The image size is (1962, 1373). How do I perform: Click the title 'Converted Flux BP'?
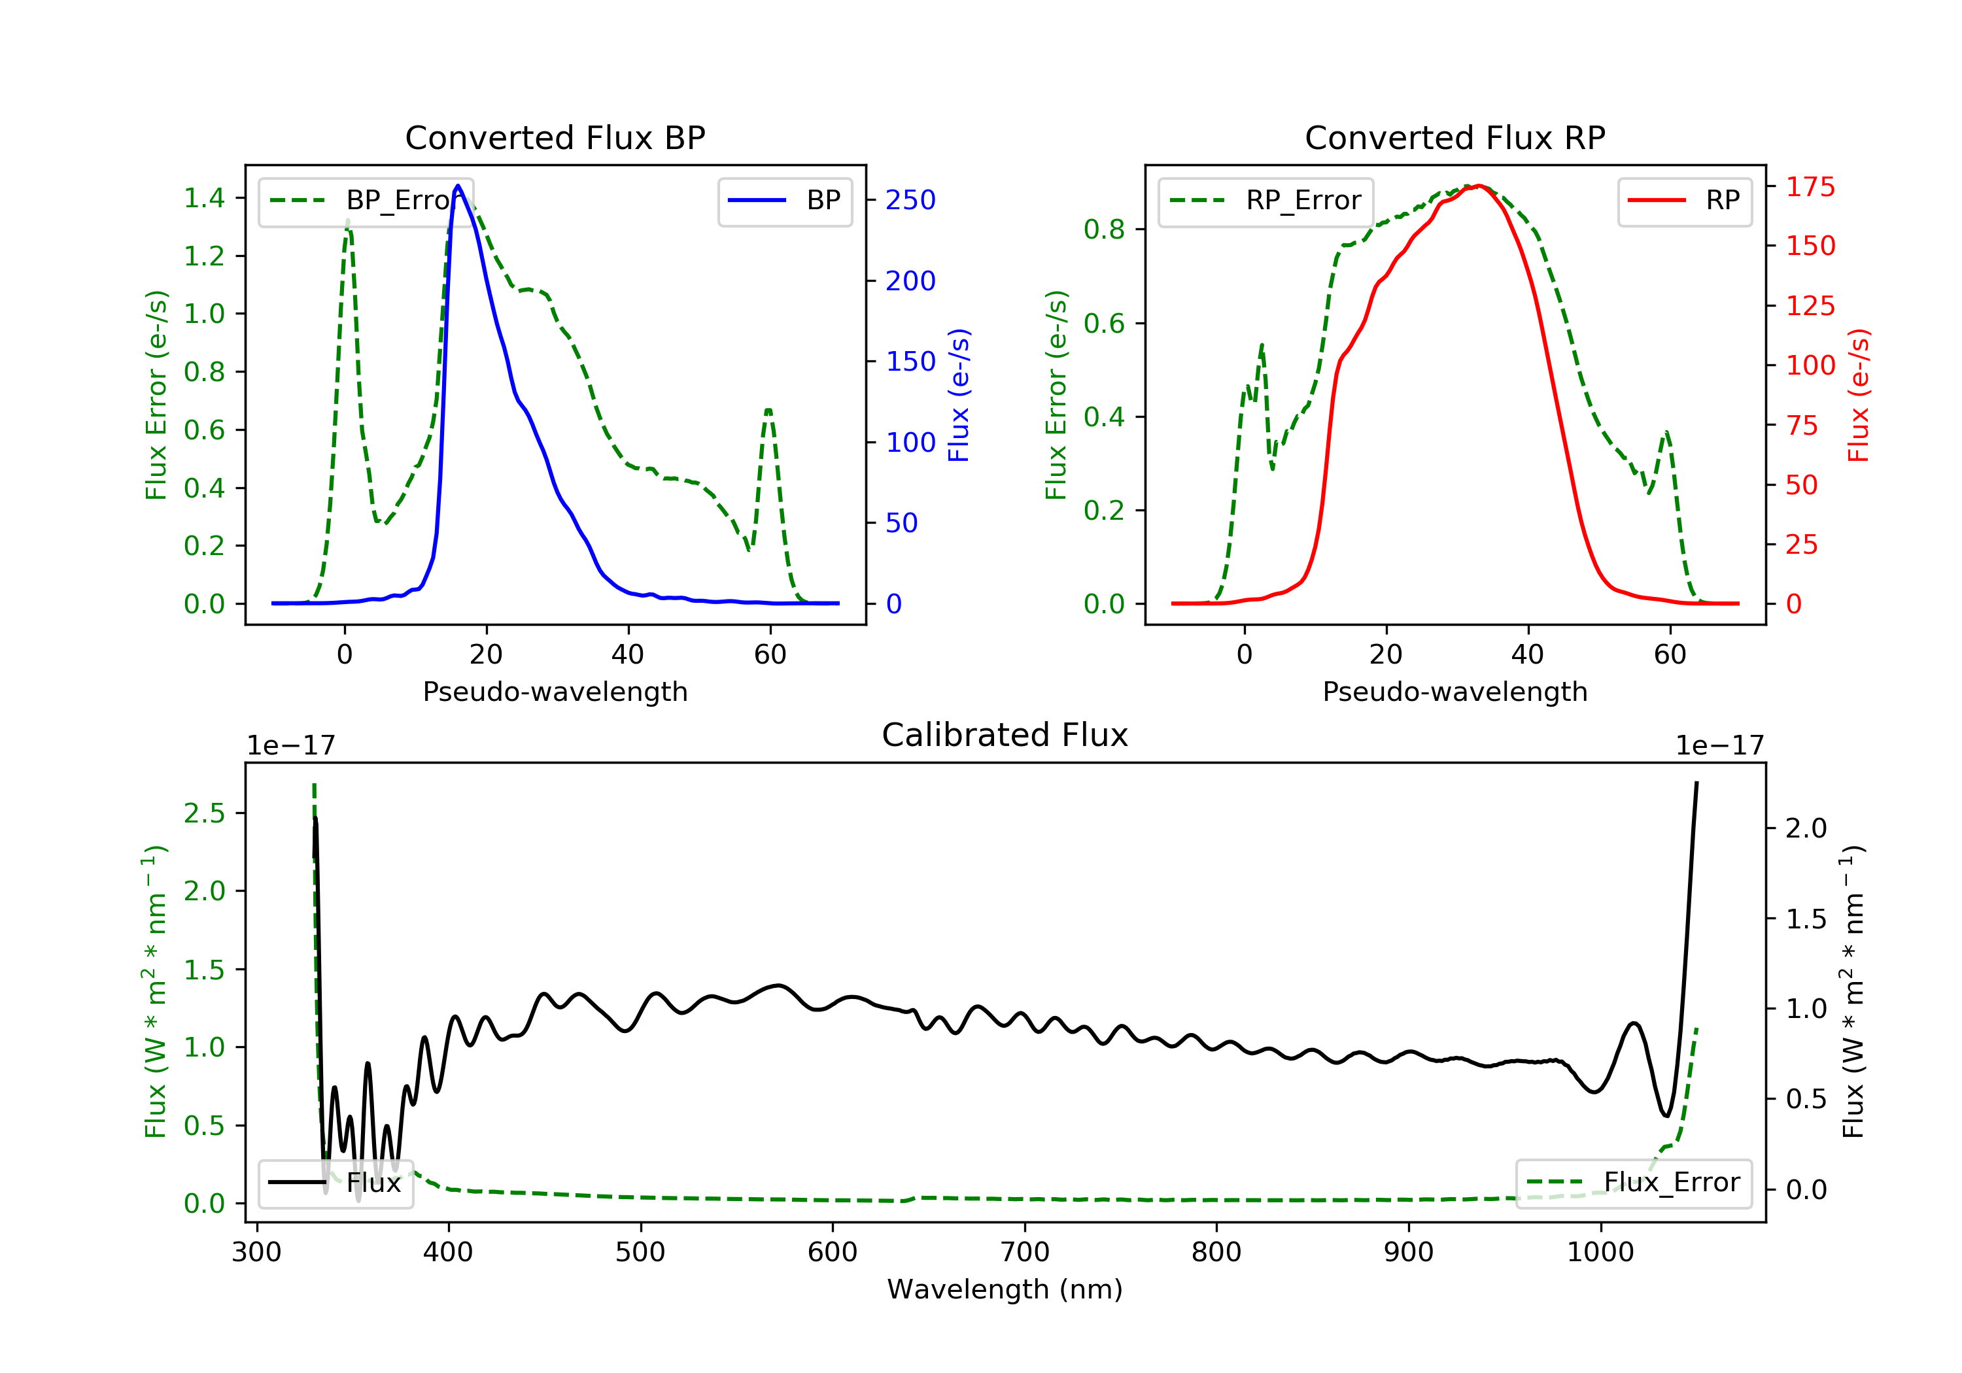click(x=555, y=137)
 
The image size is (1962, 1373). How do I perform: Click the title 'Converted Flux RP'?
click(x=1454, y=137)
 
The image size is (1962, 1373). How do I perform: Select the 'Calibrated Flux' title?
click(x=1005, y=735)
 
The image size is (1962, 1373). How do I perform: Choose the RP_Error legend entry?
click(x=1265, y=201)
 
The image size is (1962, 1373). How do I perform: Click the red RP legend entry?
click(x=1684, y=201)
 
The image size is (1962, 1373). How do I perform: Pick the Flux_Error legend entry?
click(x=1633, y=1183)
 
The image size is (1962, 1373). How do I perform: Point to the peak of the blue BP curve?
click(x=458, y=186)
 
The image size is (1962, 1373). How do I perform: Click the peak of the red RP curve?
click(x=1479, y=186)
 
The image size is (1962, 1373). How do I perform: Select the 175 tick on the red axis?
click(x=1810, y=186)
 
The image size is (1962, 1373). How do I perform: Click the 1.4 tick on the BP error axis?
click(x=204, y=198)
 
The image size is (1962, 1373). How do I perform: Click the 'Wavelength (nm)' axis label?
click(x=1005, y=1289)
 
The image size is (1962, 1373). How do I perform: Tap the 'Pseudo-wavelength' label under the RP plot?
click(x=1454, y=691)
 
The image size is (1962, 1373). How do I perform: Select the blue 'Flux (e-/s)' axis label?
click(x=959, y=395)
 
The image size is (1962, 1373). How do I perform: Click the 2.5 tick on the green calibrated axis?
click(x=204, y=813)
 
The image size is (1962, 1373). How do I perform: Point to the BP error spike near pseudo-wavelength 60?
click(x=768, y=411)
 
